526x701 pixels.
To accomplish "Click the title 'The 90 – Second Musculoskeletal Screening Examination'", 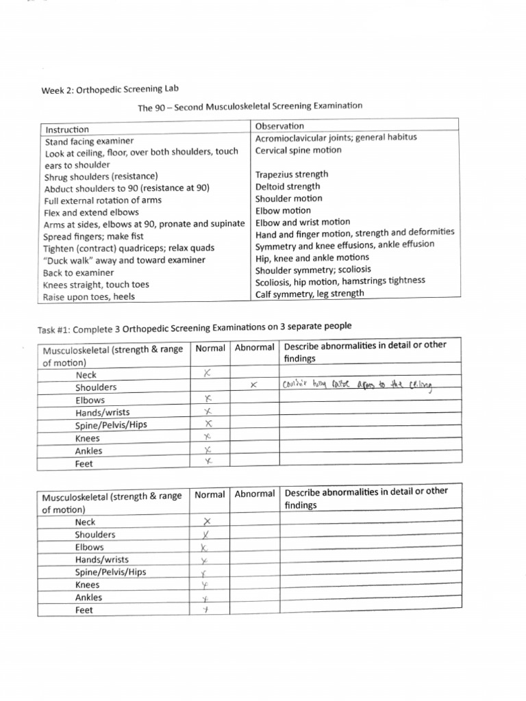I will [250, 107].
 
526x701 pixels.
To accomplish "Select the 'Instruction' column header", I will [67, 129].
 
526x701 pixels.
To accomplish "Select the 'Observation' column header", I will [279, 126].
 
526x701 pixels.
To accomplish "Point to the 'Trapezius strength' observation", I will [292, 175].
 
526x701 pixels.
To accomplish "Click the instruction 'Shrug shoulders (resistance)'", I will [101, 176].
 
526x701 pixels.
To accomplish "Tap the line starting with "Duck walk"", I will [124, 260].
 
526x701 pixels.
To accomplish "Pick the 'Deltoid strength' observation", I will [288, 186].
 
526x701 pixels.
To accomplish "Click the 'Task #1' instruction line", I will [195, 327].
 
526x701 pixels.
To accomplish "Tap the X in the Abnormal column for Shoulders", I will [253, 386].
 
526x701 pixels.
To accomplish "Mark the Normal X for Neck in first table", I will [208, 374].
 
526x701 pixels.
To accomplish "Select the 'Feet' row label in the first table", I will [84, 463].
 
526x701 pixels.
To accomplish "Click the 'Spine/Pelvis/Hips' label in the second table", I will [110, 572].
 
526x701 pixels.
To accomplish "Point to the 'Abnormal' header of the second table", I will [255, 494].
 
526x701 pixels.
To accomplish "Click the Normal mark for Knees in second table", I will [204, 585].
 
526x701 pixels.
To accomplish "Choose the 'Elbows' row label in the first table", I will [90, 400].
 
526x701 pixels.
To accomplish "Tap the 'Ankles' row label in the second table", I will [88, 598].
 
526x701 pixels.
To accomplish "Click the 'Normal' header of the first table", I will [210, 348].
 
